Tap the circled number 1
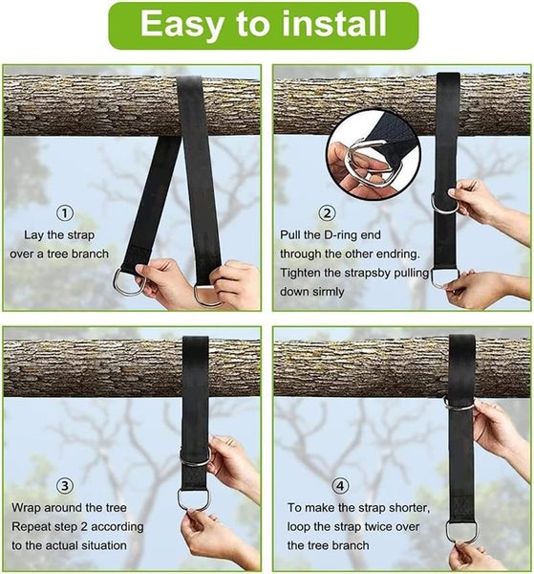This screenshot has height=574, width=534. tap(65, 213)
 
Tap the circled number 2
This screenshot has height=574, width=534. tap(328, 213)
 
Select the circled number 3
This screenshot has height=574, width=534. tap(65, 484)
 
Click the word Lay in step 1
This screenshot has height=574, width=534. tap(34, 234)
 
